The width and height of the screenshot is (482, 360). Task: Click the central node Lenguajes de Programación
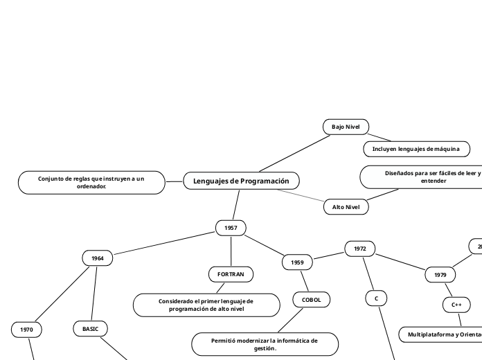(x=241, y=181)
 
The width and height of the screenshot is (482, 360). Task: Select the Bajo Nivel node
(x=346, y=127)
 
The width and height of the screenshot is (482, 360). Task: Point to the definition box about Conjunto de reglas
(x=91, y=182)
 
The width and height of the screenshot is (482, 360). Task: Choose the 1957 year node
(x=231, y=227)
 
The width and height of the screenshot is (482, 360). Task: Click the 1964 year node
(x=98, y=258)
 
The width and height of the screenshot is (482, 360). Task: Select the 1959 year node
(x=297, y=262)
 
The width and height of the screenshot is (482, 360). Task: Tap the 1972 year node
(x=359, y=249)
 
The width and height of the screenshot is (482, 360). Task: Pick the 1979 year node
(x=440, y=275)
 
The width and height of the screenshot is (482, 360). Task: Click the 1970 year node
(x=26, y=330)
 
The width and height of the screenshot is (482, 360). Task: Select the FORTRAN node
(x=231, y=274)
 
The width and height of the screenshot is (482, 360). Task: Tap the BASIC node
(x=91, y=328)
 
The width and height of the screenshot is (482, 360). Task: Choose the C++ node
(x=456, y=305)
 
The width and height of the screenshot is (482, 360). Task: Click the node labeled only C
(x=376, y=298)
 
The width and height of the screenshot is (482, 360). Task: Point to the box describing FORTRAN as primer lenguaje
(x=206, y=305)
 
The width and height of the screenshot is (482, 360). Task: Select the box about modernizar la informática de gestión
(x=265, y=344)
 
